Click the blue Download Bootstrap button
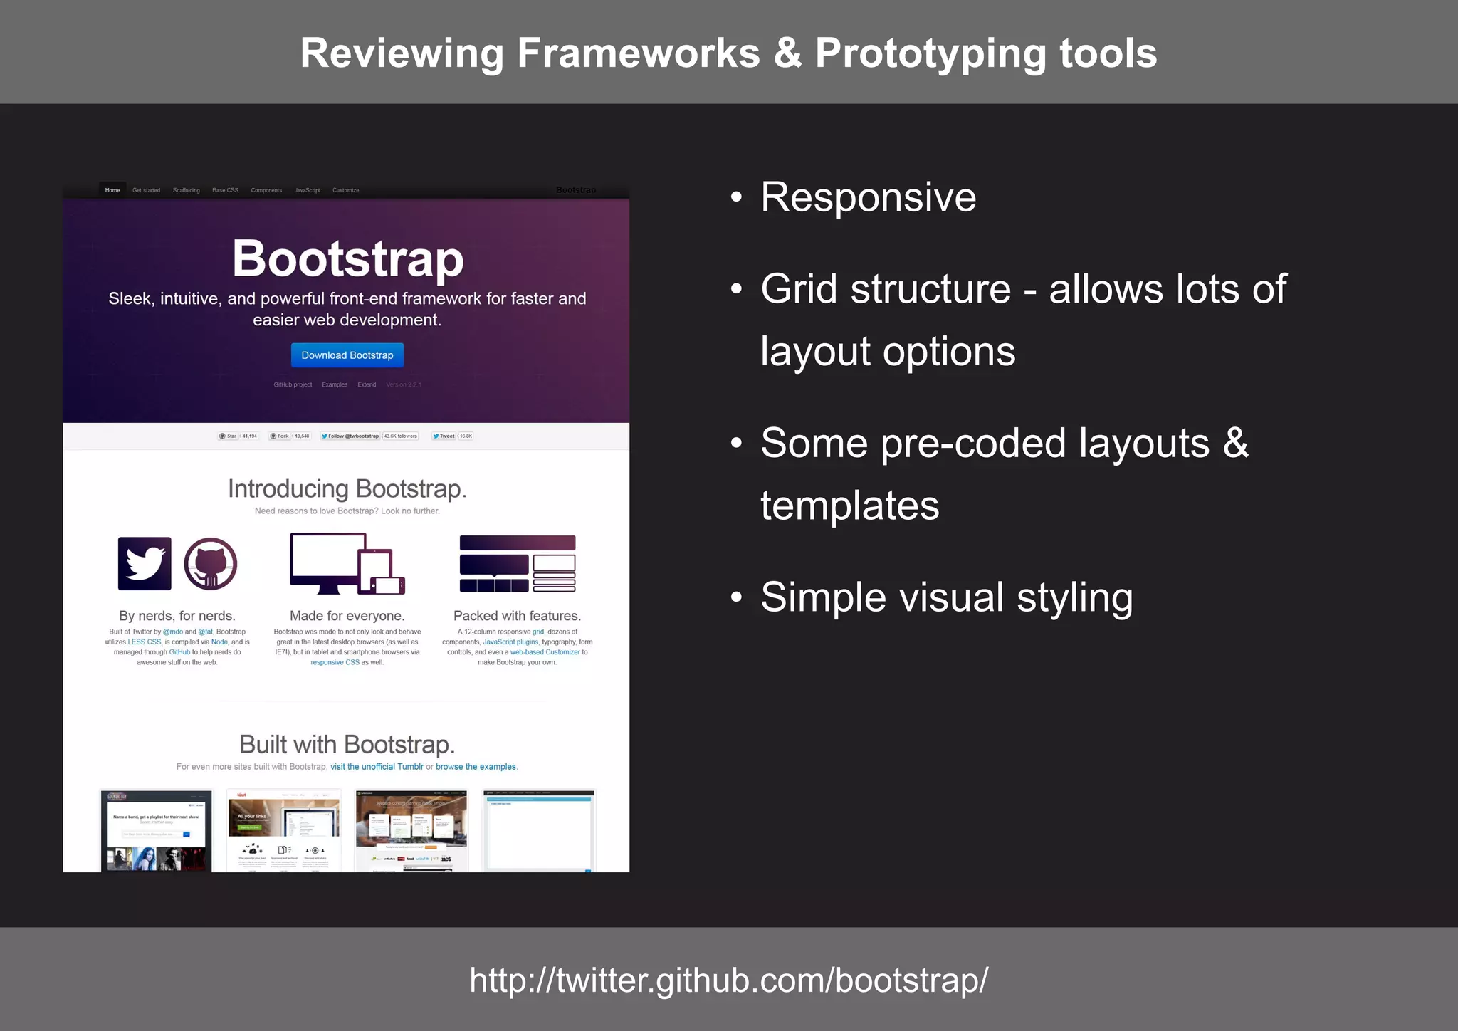pos(347,355)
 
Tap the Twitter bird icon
pos(145,563)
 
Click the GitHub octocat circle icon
pos(211,563)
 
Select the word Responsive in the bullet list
pos(868,197)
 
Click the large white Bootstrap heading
pos(347,258)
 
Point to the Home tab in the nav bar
pos(112,190)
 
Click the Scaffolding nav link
pos(186,190)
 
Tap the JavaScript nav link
pos(307,190)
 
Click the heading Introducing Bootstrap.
pos(347,489)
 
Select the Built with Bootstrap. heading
pos(347,745)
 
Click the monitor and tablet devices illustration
pos(347,563)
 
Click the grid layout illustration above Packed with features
pos(518,563)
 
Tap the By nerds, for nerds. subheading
pos(177,616)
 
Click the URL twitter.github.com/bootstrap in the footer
pos(728,980)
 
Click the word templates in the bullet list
pos(849,506)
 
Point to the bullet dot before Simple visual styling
pos(736,597)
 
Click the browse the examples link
pos(476,767)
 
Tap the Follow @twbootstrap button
pos(350,436)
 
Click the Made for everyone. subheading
pos(347,616)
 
